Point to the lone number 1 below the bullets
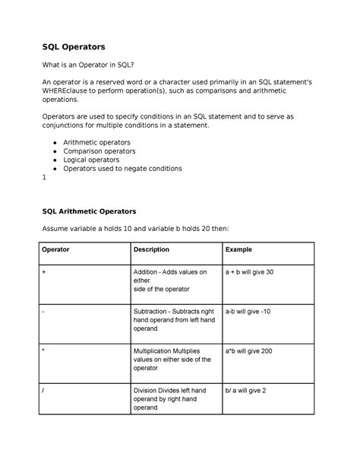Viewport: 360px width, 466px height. click(45, 178)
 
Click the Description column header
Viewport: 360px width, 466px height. click(151, 249)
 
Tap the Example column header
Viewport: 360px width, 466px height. click(238, 249)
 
